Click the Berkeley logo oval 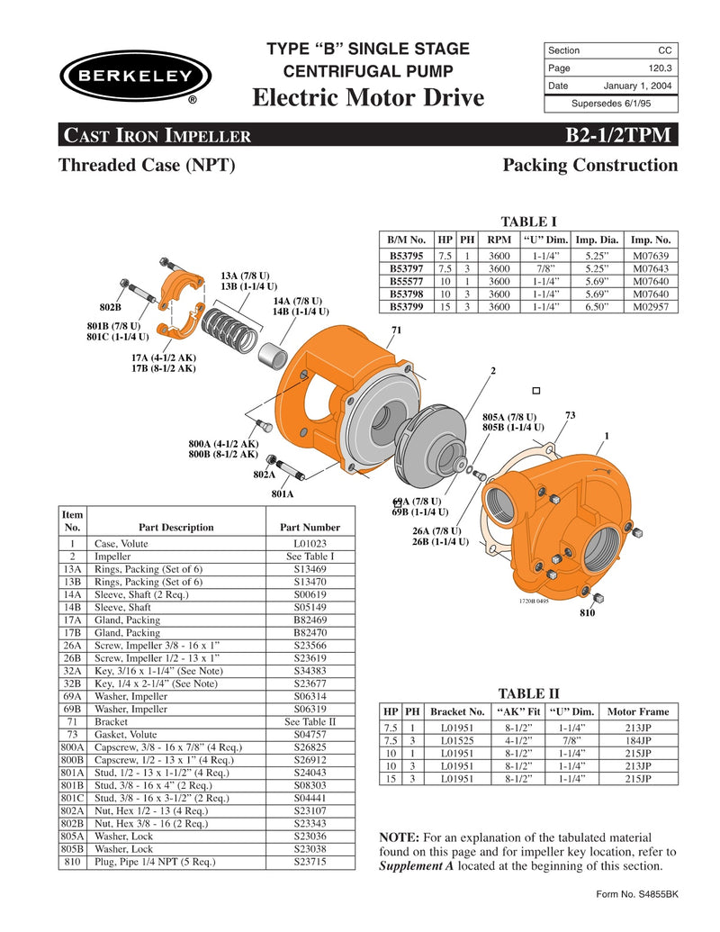click(x=135, y=76)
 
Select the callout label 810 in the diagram click(x=587, y=612)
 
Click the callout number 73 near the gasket click(x=570, y=414)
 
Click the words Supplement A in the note click(x=418, y=866)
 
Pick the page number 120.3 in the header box click(x=662, y=68)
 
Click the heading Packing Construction click(x=589, y=166)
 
